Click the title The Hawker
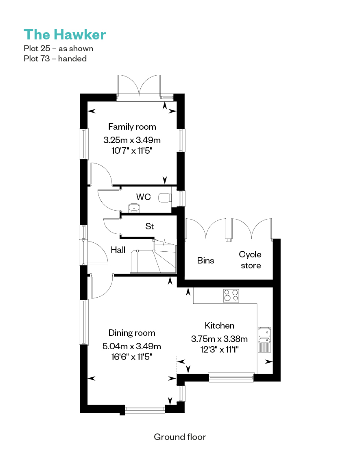65,35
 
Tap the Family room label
132,127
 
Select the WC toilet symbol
165,198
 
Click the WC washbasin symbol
134,208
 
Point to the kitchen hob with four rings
231,295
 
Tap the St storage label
150,226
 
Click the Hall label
118,250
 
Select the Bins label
205,261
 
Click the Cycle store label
250,260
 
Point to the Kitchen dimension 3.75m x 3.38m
219,339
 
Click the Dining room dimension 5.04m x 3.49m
132,346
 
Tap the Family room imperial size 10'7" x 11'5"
132,151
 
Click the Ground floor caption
180,437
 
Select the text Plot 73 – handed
55,59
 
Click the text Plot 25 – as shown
59,48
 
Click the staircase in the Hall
153,258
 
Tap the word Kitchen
219,326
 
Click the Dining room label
132,333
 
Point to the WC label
143,197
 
